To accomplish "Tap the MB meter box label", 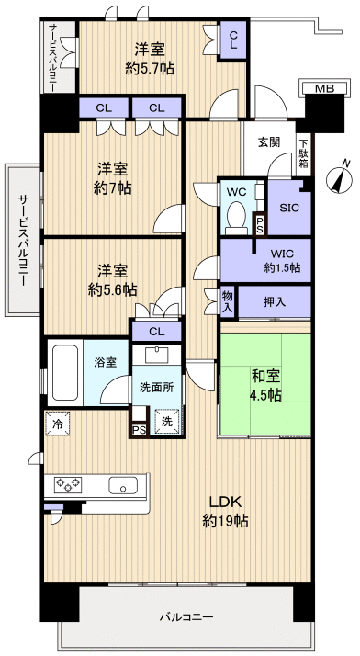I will coord(324,89).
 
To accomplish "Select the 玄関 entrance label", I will coord(269,141).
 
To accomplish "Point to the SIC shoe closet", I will coord(289,208).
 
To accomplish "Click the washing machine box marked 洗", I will coord(166,422).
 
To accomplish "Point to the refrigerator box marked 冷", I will coord(56,424).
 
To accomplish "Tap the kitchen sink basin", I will coord(121,485).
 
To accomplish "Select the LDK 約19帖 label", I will coord(226,511).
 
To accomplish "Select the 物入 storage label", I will coord(228,301).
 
